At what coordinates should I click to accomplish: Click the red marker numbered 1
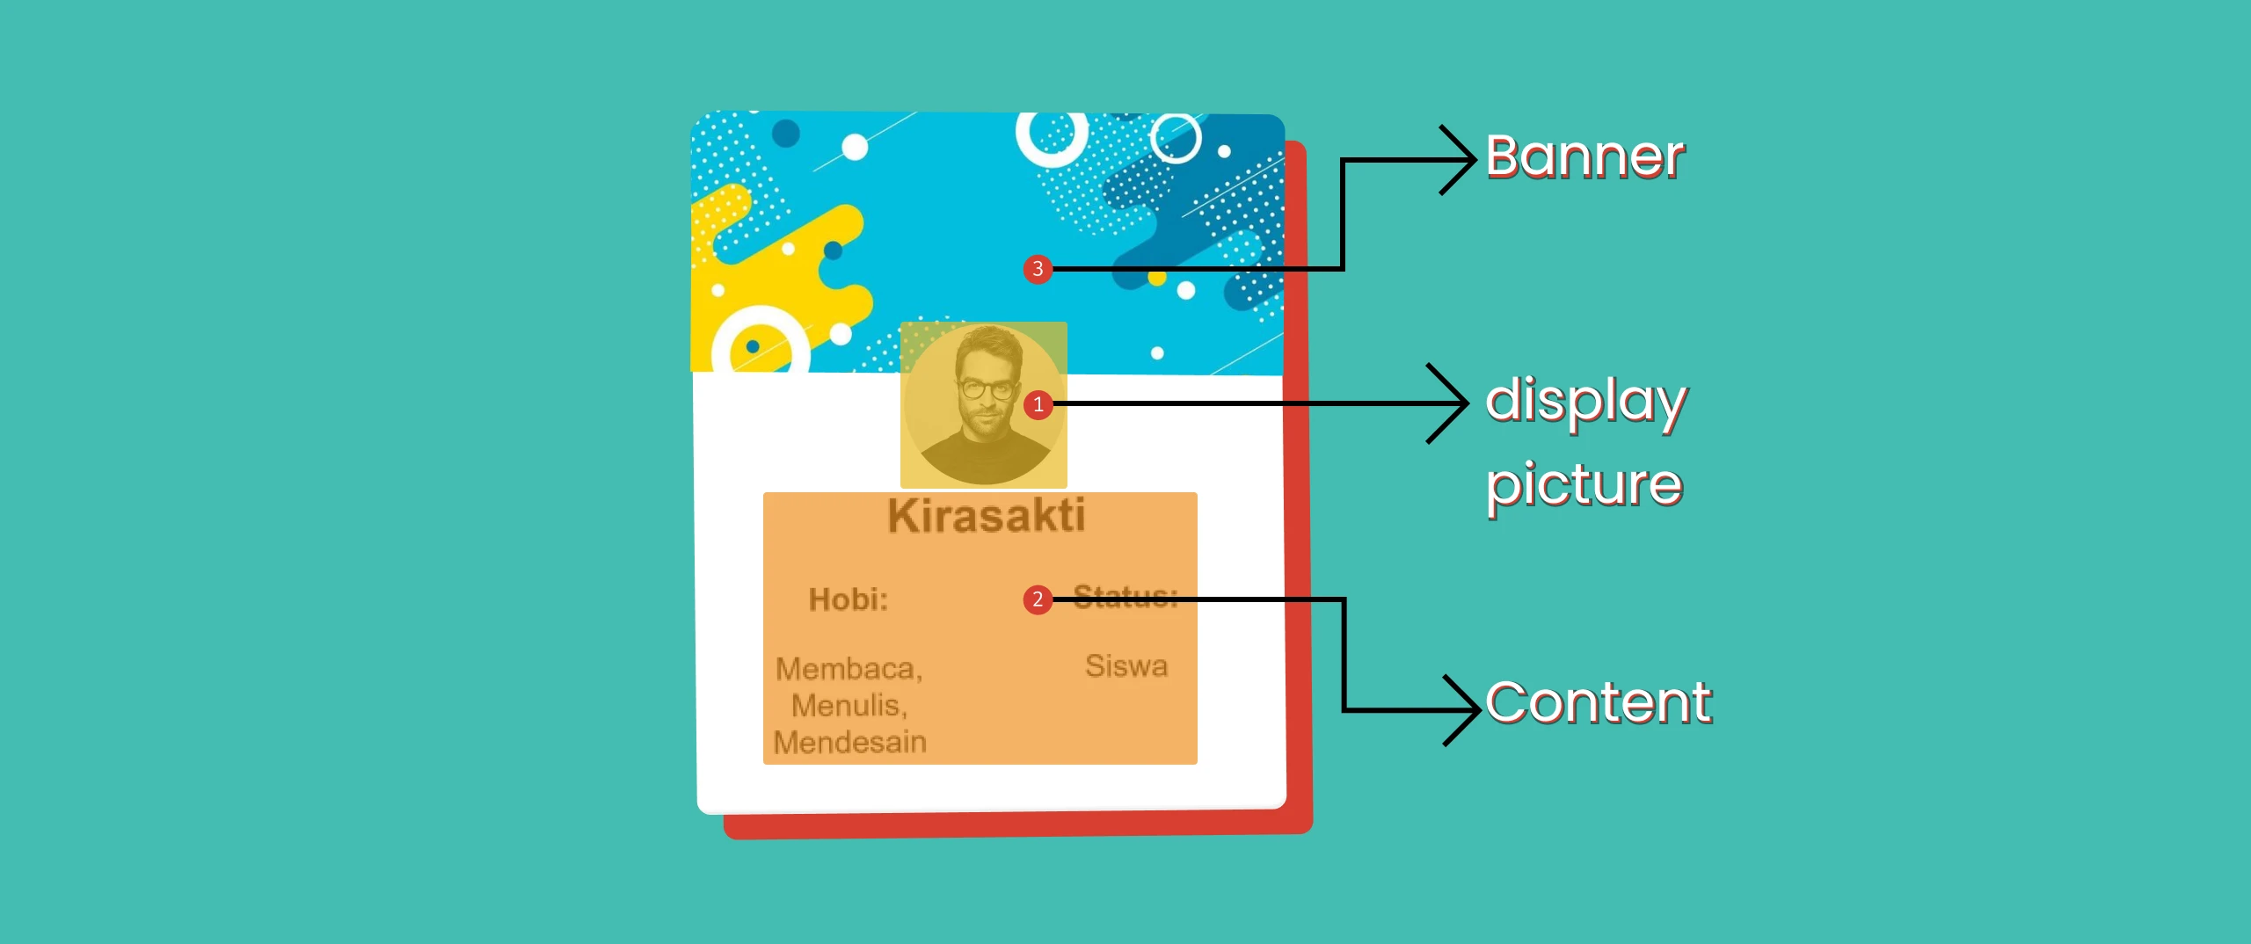pos(1038,404)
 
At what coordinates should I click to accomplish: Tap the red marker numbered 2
pos(1038,599)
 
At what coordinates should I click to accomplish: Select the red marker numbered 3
pos(1038,269)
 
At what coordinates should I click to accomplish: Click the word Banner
pos(1585,157)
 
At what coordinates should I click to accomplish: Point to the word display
pos(1586,403)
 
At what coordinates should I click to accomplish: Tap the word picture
pos(1584,484)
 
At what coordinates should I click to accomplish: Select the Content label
pos(1599,703)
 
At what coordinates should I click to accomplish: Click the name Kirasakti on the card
pos(987,515)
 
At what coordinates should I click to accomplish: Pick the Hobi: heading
pos(849,599)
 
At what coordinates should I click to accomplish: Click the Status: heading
pos(1125,597)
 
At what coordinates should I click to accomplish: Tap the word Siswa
pos(1126,665)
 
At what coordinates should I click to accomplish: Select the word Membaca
pos(849,669)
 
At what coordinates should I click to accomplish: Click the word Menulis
pos(849,706)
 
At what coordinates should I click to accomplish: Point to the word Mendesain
pos(850,743)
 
